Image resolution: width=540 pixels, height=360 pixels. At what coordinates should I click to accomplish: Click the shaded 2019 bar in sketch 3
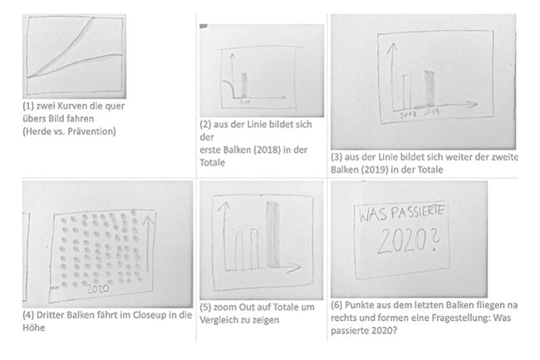[x=430, y=88]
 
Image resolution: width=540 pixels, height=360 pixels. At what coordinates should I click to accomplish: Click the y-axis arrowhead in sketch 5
[x=222, y=204]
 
